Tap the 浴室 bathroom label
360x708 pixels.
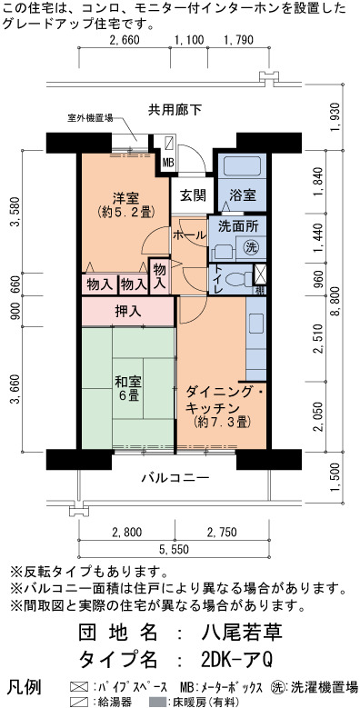coord(243,195)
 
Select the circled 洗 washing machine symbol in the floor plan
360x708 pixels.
coord(251,247)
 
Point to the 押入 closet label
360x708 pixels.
coord(129,311)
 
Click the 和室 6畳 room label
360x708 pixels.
coord(129,389)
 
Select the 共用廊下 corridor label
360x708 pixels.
coord(175,110)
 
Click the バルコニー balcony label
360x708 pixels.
coord(175,477)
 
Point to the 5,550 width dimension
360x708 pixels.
coord(174,550)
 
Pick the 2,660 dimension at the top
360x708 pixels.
coord(125,40)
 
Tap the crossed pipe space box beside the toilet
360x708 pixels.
coord(260,274)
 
